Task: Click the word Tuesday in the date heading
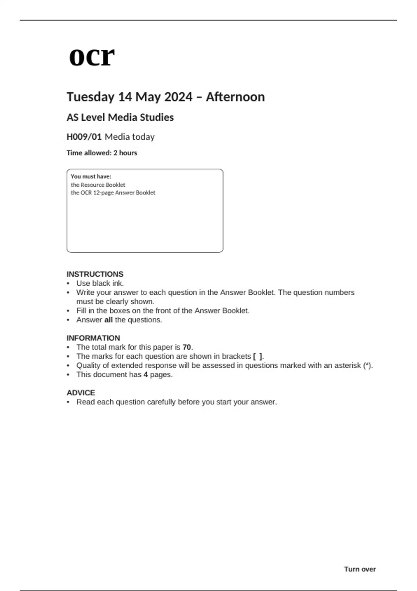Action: coord(90,97)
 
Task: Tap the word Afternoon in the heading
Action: coord(235,97)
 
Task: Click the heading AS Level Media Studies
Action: coord(120,118)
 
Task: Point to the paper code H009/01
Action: coord(84,137)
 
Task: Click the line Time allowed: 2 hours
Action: coord(102,153)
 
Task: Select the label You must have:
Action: coord(91,177)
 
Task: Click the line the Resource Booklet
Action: coord(98,185)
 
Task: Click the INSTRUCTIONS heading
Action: coord(95,274)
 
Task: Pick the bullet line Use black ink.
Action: coord(100,283)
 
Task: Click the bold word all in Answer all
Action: coord(108,320)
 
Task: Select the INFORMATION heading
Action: coord(93,338)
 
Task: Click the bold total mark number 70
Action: coord(187,347)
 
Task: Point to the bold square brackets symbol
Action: coord(257,356)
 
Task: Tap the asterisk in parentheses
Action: coord(367,365)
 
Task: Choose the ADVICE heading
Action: coord(81,393)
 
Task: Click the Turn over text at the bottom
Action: coord(360,569)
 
